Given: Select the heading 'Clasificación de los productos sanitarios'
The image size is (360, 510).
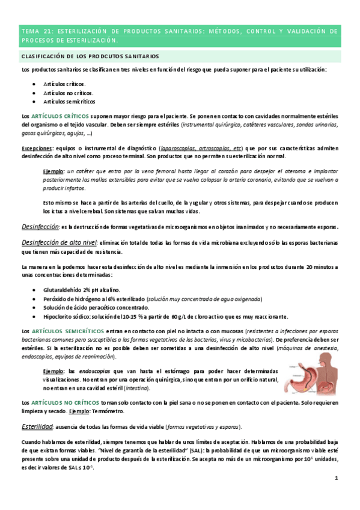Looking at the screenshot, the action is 90,56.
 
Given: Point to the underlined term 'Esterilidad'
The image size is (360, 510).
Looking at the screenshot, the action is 37,426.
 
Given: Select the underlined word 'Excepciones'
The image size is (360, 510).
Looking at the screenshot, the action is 36,148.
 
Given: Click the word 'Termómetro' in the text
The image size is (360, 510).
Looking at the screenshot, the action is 108,411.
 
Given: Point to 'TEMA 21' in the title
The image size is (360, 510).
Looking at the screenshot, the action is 35,31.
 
